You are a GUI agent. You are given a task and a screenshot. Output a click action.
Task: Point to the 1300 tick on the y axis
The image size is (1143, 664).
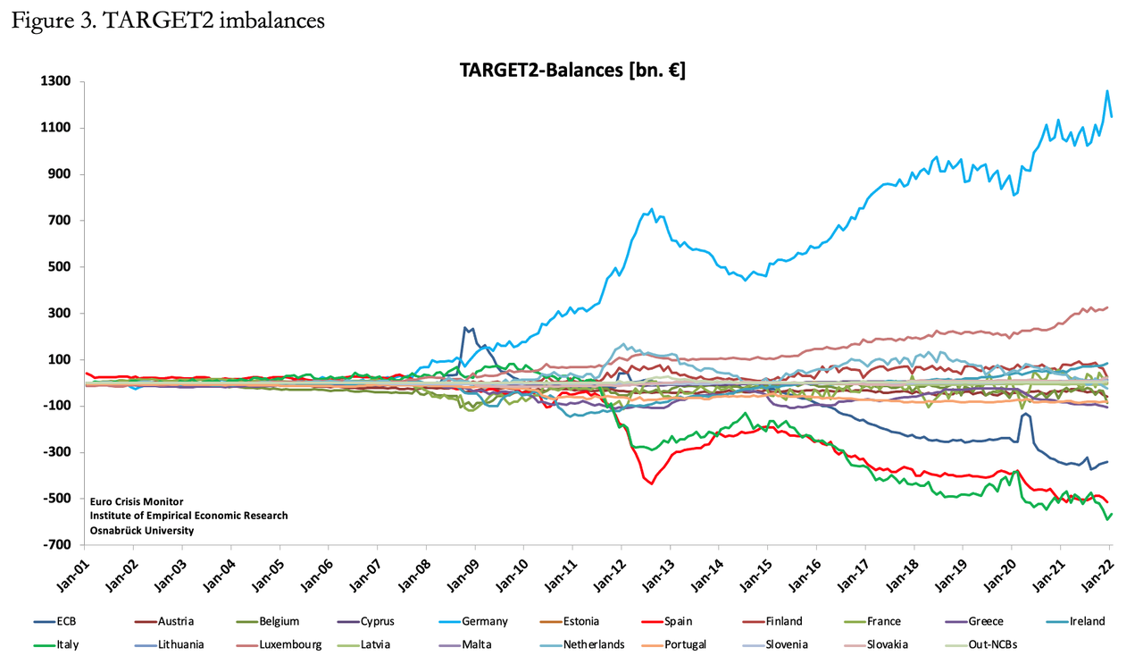coord(56,82)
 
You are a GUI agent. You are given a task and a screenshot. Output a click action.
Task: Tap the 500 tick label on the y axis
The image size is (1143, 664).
coord(59,267)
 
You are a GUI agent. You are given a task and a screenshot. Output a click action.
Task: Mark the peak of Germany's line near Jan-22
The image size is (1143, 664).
coord(1107,91)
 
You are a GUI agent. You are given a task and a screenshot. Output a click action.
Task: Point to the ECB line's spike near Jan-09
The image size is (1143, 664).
coord(465,328)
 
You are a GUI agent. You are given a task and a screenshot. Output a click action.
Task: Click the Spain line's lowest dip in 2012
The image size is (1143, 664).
coord(652,483)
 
